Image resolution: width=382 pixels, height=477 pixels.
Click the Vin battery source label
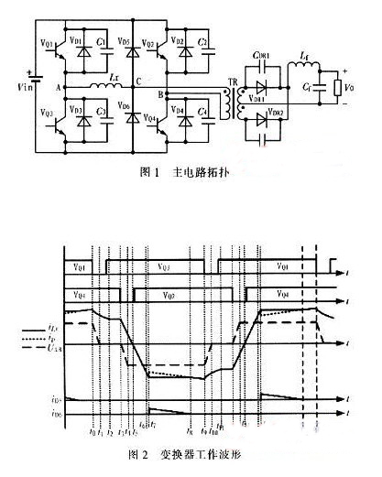click(16, 92)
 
